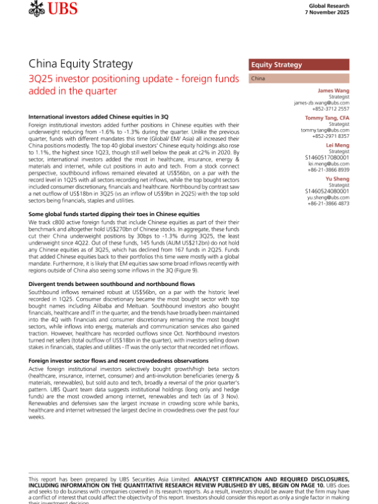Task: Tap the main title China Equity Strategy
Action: pos(81,64)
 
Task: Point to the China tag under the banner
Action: pos(258,79)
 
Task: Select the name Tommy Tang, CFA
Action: pos(327,118)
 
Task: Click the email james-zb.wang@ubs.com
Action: pos(321,103)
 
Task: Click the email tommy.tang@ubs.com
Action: pos(324,130)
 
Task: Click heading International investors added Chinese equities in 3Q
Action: pos(98,117)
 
